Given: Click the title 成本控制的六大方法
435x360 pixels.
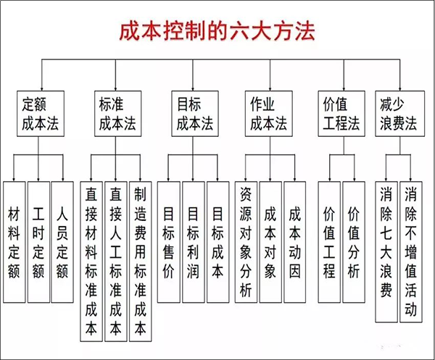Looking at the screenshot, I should click(217, 33).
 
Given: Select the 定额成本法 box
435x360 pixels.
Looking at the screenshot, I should click(41, 114).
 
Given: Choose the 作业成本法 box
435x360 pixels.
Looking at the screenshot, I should click(270, 114).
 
